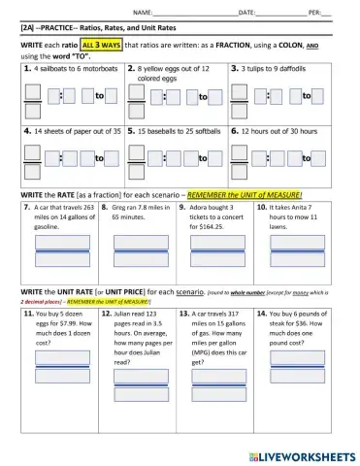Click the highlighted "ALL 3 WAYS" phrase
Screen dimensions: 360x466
click(101, 45)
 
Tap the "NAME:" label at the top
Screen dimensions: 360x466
click(142, 12)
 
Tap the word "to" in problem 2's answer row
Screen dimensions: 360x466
click(203, 97)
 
